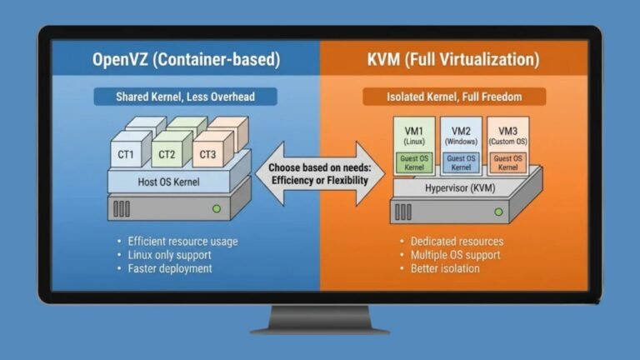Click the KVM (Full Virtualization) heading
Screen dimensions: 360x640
452,60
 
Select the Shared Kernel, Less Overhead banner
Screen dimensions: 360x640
185,97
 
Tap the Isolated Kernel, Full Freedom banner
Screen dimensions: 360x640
454,97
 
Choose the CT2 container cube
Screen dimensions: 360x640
168,153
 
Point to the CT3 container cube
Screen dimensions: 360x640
208,153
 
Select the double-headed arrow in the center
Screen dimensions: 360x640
320,173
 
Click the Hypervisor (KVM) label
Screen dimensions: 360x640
461,188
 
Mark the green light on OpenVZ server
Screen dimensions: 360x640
216,208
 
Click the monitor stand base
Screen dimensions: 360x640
320,327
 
